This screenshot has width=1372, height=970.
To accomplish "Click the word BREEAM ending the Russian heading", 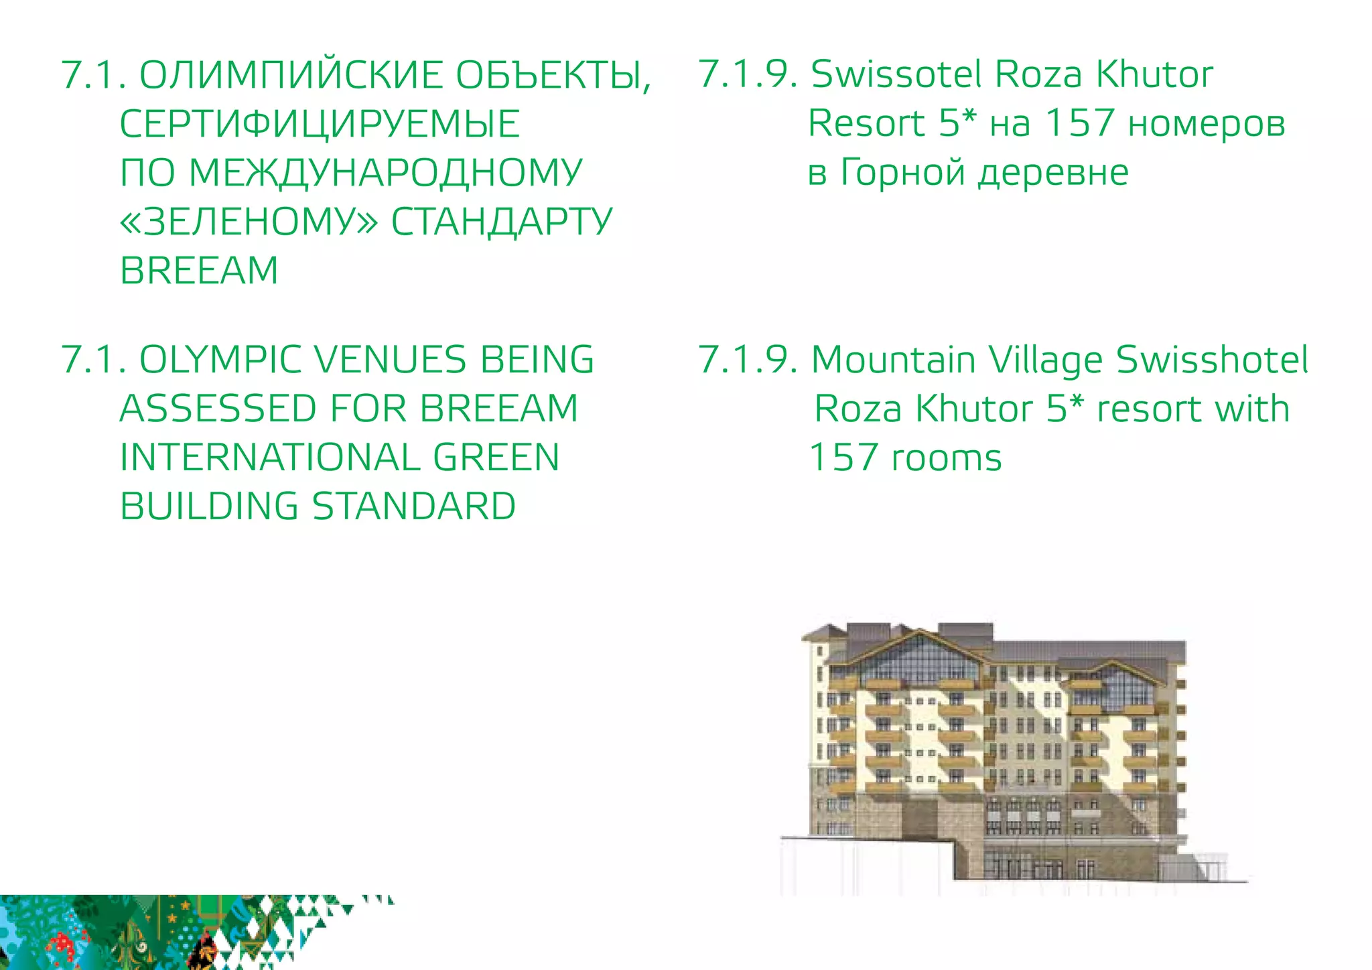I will coord(199,271).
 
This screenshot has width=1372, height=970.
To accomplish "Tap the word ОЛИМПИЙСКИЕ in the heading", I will coord(291,75).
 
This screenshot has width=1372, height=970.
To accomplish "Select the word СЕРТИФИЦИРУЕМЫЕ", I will coord(320,124).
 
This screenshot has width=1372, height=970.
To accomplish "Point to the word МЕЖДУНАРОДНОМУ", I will coord(386,173).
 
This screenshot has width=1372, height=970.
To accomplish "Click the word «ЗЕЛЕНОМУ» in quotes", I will coord(249,222).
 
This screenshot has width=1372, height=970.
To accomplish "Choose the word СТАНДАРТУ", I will coord(502,222).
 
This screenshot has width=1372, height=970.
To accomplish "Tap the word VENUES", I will coord(390,360).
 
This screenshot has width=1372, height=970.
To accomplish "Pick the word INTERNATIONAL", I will coord(269,458).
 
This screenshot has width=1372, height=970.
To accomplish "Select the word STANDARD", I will coord(414,506).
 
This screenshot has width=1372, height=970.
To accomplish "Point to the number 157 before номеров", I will coord(1079,123).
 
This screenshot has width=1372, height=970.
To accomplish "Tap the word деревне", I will coord(1053,173).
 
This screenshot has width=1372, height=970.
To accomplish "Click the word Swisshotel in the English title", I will coord(1212,360).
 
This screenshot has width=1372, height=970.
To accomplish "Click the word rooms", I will coord(946,458).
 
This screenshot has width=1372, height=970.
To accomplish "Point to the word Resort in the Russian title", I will coord(866,123).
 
